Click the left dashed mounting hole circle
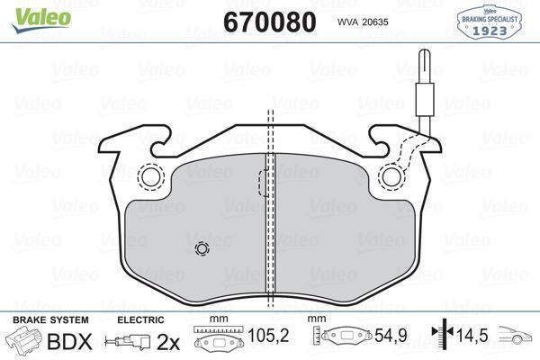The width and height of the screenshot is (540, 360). [x=149, y=177]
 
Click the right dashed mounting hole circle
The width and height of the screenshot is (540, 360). [x=391, y=177]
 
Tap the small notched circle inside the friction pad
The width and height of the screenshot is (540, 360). [x=201, y=249]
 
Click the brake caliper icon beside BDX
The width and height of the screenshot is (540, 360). [x=25, y=342]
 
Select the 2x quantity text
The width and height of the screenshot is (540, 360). [x=167, y=342]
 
